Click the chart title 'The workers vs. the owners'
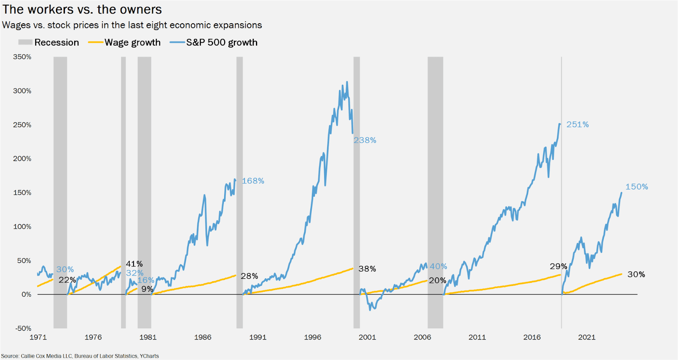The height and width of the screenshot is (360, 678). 82,9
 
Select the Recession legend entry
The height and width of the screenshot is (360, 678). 49,42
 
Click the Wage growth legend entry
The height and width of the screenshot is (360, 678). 124,42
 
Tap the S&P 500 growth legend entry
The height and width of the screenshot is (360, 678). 214,42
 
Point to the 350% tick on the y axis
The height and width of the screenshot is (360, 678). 22,57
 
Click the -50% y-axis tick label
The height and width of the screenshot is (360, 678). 23,328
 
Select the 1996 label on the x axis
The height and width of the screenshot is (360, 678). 312,337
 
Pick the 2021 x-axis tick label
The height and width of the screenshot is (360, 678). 586,337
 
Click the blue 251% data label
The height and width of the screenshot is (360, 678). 578,125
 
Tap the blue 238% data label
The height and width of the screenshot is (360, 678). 365,140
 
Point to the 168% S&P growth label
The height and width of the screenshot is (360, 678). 253,181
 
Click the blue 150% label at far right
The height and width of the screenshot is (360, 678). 636,187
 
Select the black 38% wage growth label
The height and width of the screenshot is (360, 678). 367,269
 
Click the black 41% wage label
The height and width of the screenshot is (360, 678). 134,264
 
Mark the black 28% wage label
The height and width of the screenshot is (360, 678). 249,276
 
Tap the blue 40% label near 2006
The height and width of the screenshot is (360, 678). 438,266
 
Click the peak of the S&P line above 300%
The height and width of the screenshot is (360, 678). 347,82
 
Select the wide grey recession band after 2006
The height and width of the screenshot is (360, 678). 435,191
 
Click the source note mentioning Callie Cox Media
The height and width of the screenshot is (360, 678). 80,356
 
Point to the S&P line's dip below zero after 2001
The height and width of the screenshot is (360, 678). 370,309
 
